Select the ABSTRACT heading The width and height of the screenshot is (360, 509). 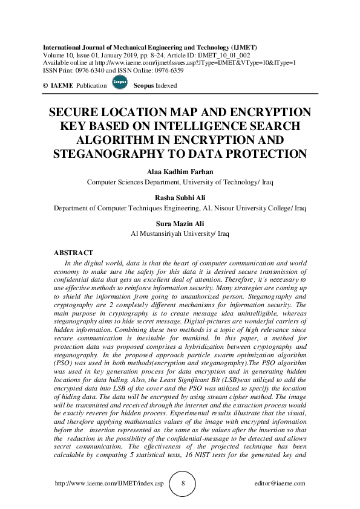tap(73, 252)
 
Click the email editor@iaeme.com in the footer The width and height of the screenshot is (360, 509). tap(280, 484)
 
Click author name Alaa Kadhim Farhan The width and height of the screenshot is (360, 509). tap(180, 172)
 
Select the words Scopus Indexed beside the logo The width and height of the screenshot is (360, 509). tap(155, 86)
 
